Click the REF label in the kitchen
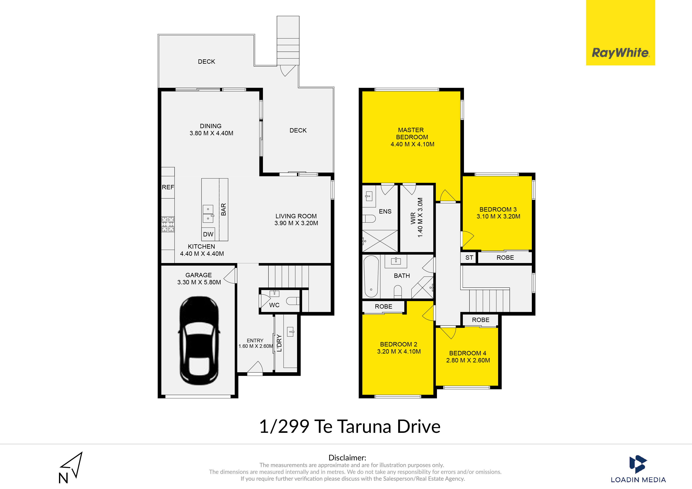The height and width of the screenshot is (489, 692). (168, 187)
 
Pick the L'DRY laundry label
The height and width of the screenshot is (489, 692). (279, 343)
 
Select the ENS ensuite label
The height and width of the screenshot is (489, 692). (385, 212)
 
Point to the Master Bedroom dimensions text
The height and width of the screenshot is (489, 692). (412, 144)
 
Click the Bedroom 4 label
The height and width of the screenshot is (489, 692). (468, 353)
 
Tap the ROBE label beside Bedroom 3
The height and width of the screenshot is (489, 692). (505, 258)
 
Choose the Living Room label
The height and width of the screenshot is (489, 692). (296, 216)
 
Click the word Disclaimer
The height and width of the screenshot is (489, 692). (347, 458)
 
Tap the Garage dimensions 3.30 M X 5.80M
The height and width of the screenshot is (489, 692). (199, 282)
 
